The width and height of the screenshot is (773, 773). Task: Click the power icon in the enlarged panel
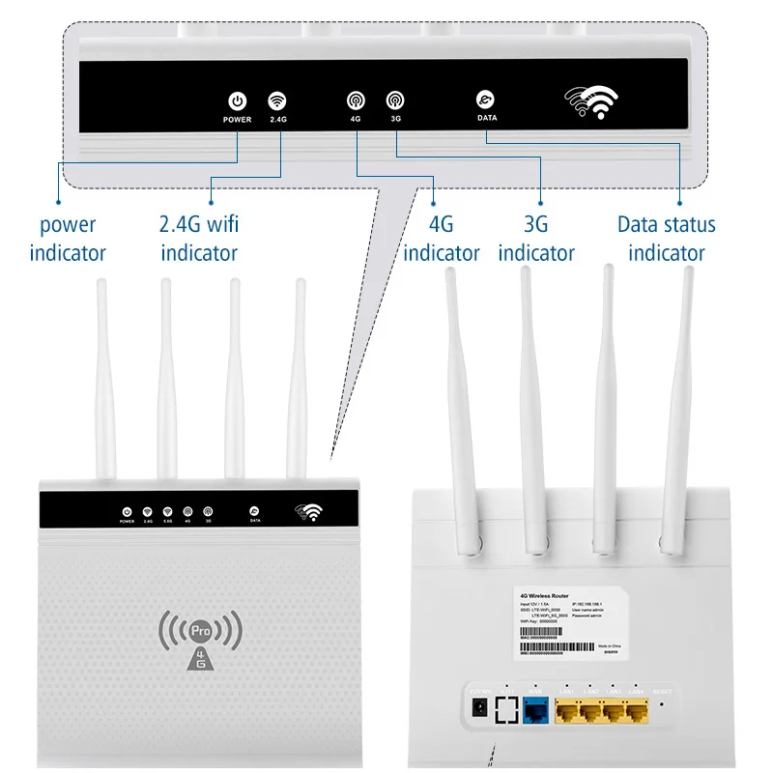(237, 100)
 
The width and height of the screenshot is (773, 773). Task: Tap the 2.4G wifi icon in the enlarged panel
(278, 100)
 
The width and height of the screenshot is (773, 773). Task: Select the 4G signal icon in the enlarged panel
(356, 100)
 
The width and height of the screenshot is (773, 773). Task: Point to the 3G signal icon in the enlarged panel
(395, 100)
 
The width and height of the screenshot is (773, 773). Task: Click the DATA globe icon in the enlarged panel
(486, 100)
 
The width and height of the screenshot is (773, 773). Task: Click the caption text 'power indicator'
(68, 239)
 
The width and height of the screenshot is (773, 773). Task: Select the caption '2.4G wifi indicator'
(199, 239)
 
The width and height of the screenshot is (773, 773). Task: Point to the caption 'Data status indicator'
(667, 239)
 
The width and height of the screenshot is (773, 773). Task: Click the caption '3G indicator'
(536, 239)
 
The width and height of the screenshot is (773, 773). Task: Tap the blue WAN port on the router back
(536, 712)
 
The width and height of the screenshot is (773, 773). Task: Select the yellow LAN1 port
(568, 712)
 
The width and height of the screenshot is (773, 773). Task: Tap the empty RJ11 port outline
(505, 711)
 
